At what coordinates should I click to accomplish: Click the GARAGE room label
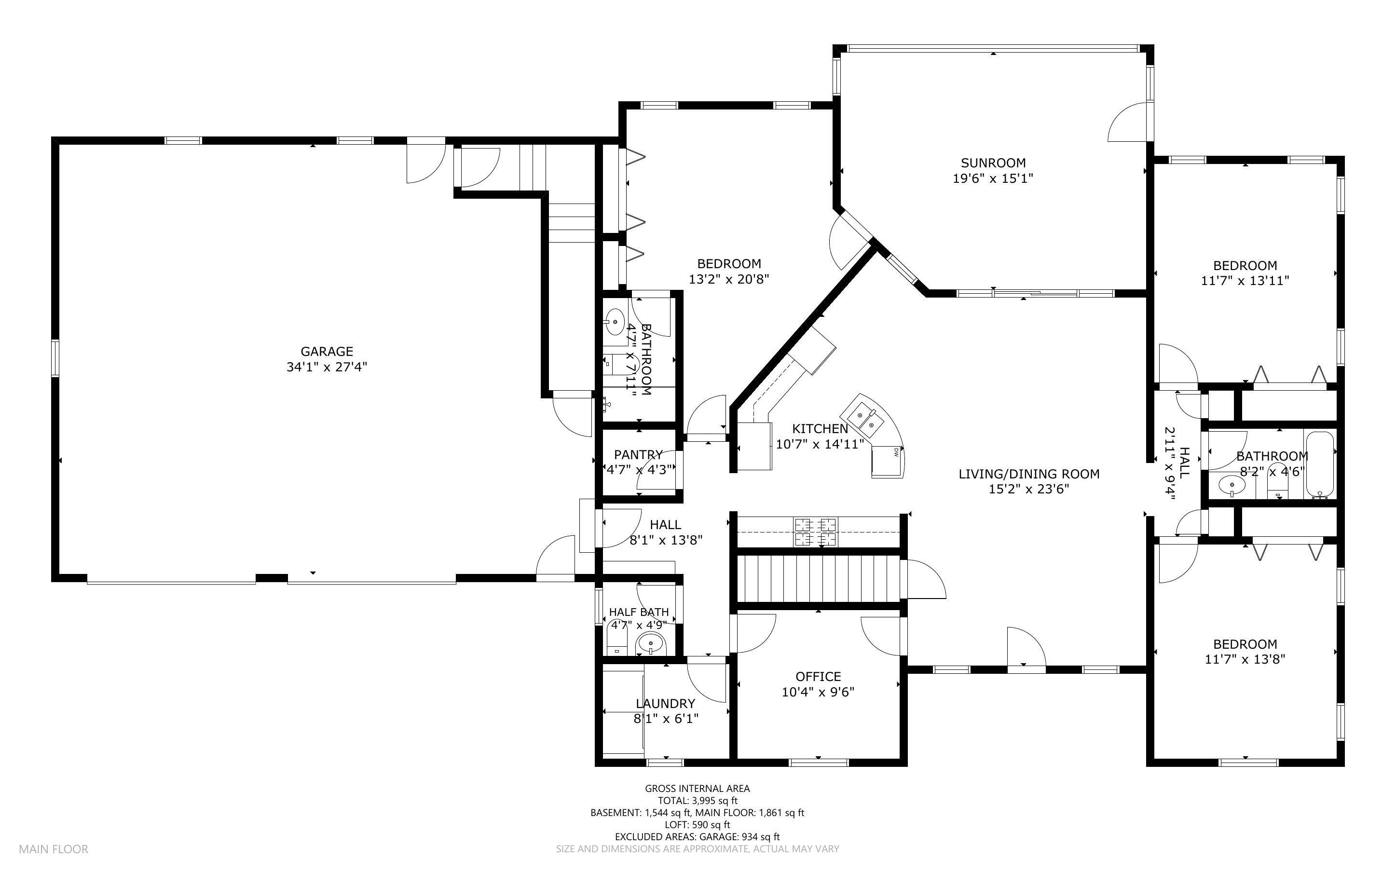(x=327, y=351)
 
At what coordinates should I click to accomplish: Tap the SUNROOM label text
(x=993, y=163)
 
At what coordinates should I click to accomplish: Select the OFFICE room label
(x=818, y=677)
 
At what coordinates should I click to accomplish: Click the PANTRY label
(x=638, y=454)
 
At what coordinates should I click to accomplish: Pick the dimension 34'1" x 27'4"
(x=327, y=367)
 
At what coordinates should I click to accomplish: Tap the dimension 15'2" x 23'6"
(x=1029, y=489)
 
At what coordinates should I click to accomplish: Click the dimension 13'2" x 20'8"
(x=729, y=279)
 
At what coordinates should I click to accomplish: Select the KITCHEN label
(x=820, y=428)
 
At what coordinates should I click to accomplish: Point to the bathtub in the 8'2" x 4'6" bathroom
(x=1320, y=465)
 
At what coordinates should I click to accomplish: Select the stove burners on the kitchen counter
(x=815, y=531)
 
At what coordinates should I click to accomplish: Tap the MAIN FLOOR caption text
(x=54, y=849)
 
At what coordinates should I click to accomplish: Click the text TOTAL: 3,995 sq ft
(x=698, y=801)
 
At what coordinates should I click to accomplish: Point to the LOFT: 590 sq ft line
(x=697, y=825)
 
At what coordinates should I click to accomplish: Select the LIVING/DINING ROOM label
(x=1029, y=474)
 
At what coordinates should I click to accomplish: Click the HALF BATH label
(x=639, y=612)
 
